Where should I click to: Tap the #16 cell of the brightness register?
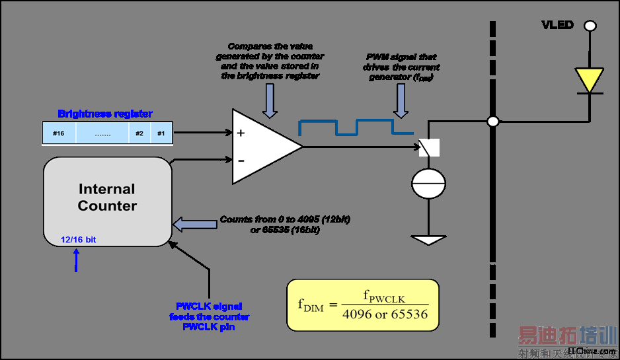point(59,133)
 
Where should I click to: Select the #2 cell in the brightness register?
point(139,133)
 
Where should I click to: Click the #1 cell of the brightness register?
point(161,133)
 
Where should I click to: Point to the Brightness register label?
point(105,114)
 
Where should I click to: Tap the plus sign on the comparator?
point(241,133)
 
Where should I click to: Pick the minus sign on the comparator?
point(241,160)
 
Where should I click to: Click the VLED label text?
point(557,25)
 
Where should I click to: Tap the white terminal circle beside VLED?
point(590,26)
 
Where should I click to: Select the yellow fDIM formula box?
point(363,305)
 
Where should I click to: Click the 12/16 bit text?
point(78,240)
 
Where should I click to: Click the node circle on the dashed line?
point(492,122)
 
